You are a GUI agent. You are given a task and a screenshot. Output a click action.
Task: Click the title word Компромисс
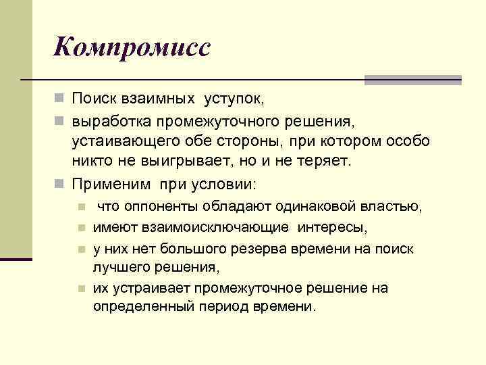click(133, 47)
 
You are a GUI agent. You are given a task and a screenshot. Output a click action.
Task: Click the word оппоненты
click(151, 206)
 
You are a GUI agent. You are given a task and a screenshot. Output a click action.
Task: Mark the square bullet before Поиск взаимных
click(60, 99)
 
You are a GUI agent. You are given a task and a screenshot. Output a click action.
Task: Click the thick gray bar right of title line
click(412, 80)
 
